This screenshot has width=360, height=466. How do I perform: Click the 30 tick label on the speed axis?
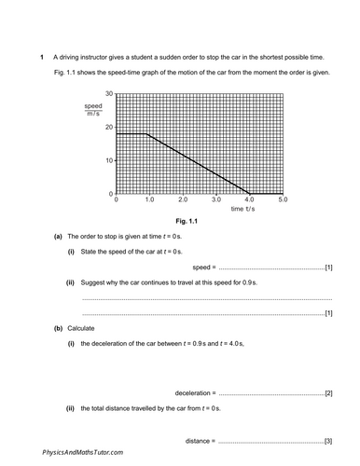(109, 93)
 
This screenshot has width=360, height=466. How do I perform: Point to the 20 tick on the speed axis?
(109, 127)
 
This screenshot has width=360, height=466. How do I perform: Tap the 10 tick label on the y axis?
(109, 160)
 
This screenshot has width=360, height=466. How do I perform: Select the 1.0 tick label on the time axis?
(149, 200)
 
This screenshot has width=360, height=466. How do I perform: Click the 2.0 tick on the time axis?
(183, 200)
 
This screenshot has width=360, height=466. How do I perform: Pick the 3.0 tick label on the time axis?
(216, 200)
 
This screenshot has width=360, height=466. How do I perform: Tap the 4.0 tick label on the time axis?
(249, 200)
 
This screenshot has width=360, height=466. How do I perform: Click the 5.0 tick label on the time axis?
(283, 200)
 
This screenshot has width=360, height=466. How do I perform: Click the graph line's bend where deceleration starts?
(146, 134)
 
